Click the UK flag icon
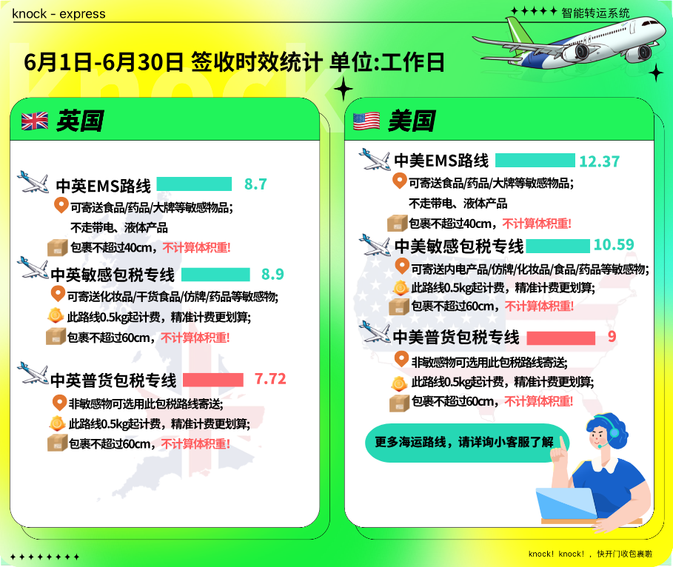pyautogui.click(x=35, y=121)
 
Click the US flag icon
pyautogui.click(x=366, y=121)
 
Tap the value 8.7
pyautogui.click(x=255, y=184)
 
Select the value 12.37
pyautogui.click(x=599, y=161)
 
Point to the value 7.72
pyautogui.click(x=270, y=379)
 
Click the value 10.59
pyautogui.click(x=613, y=245)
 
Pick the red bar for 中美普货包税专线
pyautogui.click(x=560, y=338)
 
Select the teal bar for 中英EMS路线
pyautogui.click(x=194, y=184)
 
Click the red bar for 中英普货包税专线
pyautogui.click(x=213, y=380)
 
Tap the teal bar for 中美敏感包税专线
pyautogui.click(x=558, y=246)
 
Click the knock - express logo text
pyautogui.click(x=58, y=14)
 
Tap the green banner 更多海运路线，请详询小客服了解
pyautogui.click(x=466, y=443)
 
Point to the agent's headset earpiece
pyautogui.click(x=615, y=432)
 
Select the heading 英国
pyautogui.click(x=80, y=121)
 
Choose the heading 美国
pyautogui.click(x=411, y=121)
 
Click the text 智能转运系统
pyautogui.click(x=595, y=13)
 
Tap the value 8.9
pyautogui.click(x=272, y=275)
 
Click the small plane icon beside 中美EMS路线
pyautogui.click(x=375, y=159)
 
